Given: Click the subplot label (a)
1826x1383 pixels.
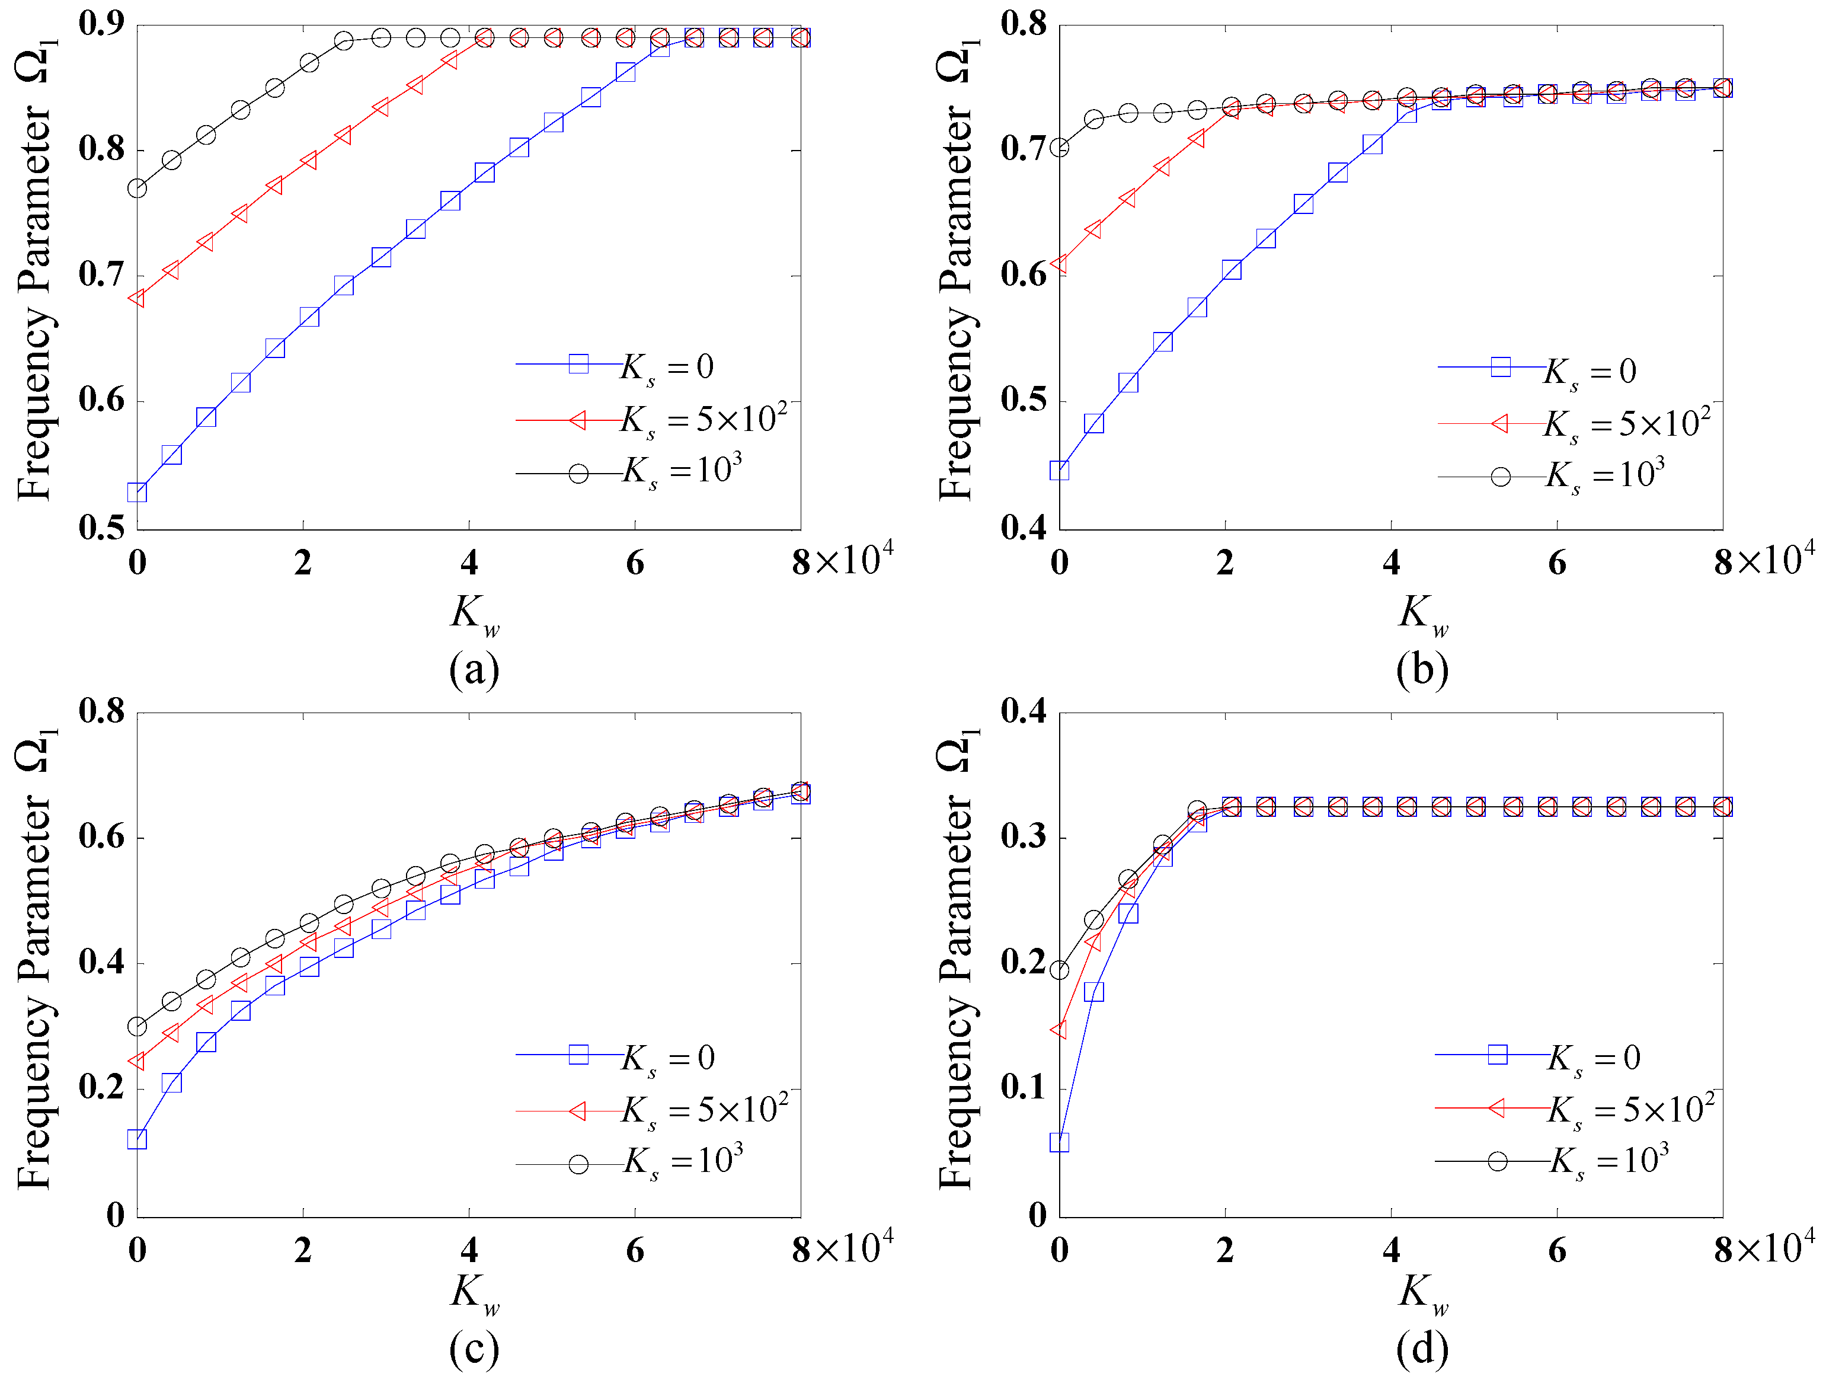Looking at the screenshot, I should [474, 669].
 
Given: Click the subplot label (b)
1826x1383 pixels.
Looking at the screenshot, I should [1421, 669].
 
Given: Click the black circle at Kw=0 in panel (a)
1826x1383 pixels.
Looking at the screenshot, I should [137, 189].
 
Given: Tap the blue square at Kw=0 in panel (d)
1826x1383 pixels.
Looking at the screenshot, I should [1059, 1142].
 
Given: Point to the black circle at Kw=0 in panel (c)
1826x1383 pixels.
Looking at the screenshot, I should [137, 1026].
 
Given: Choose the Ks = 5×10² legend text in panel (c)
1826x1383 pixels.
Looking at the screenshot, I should [704, 1110].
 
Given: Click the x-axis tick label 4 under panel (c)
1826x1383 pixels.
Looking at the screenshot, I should [469, 1251].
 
